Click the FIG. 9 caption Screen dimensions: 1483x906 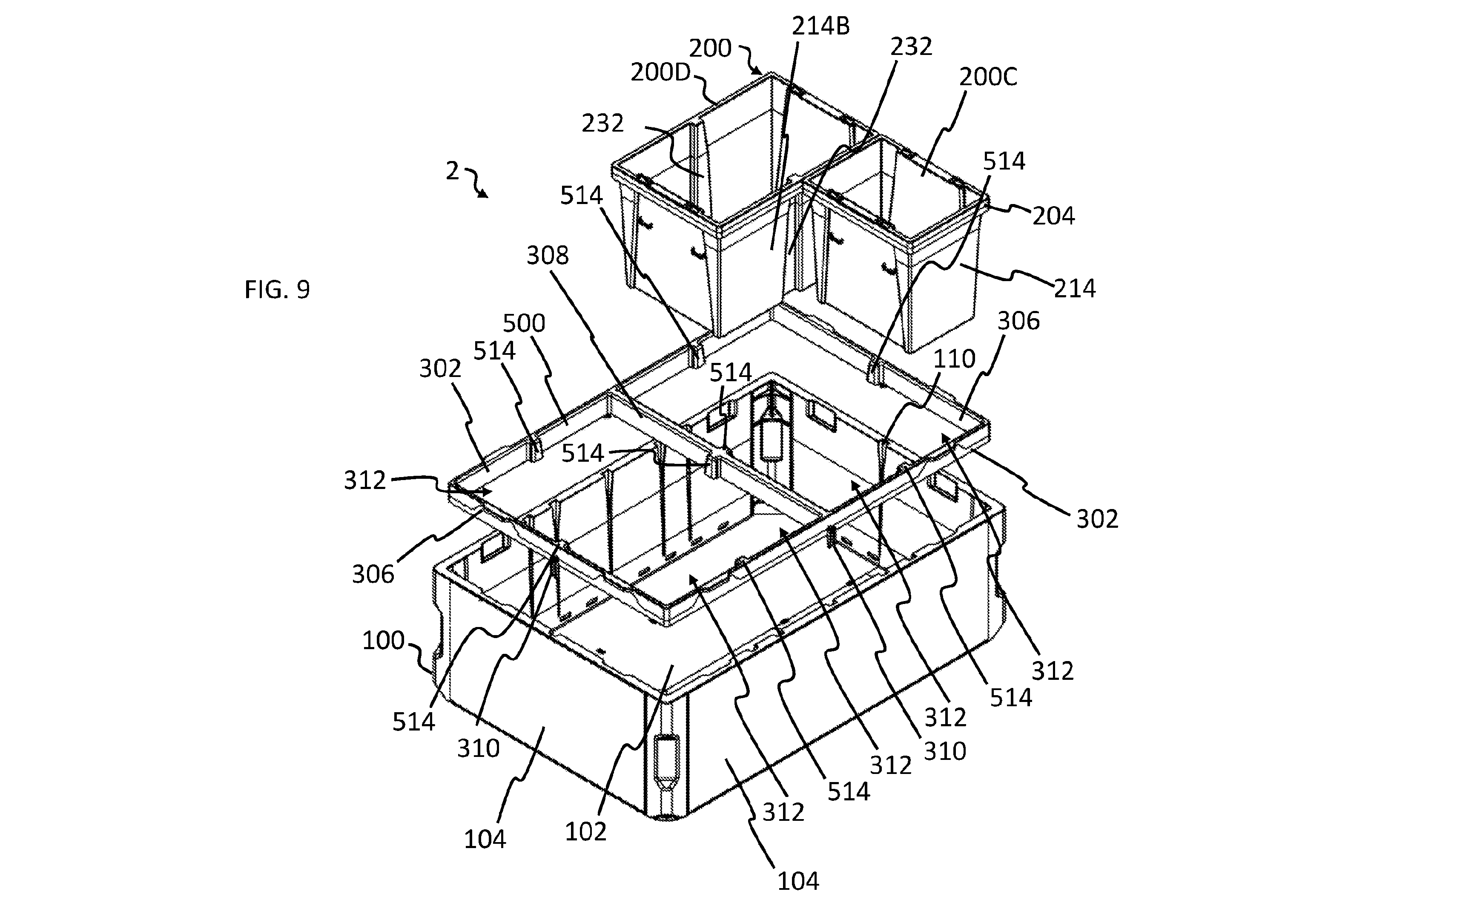tap(278, 290)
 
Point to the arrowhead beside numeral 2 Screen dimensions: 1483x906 tap(483, 193)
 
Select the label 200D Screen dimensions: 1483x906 tap(660, 72)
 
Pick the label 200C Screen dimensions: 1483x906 tap(988, 77)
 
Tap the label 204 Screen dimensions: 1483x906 tap(1053, 216)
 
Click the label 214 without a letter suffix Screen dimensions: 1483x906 tap(1075, 289)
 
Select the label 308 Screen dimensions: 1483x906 tap(547, 256)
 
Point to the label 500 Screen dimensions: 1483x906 tap(524, 323)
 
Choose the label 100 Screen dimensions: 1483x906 tap(383, 641)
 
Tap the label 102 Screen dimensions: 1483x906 tap(585, 831)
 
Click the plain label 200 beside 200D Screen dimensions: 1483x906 tap(710, 48)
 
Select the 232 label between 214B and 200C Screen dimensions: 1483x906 tap(911, 46)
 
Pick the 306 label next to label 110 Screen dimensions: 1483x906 tap(1018, 322)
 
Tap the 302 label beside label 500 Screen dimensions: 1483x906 tap(440, 368)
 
